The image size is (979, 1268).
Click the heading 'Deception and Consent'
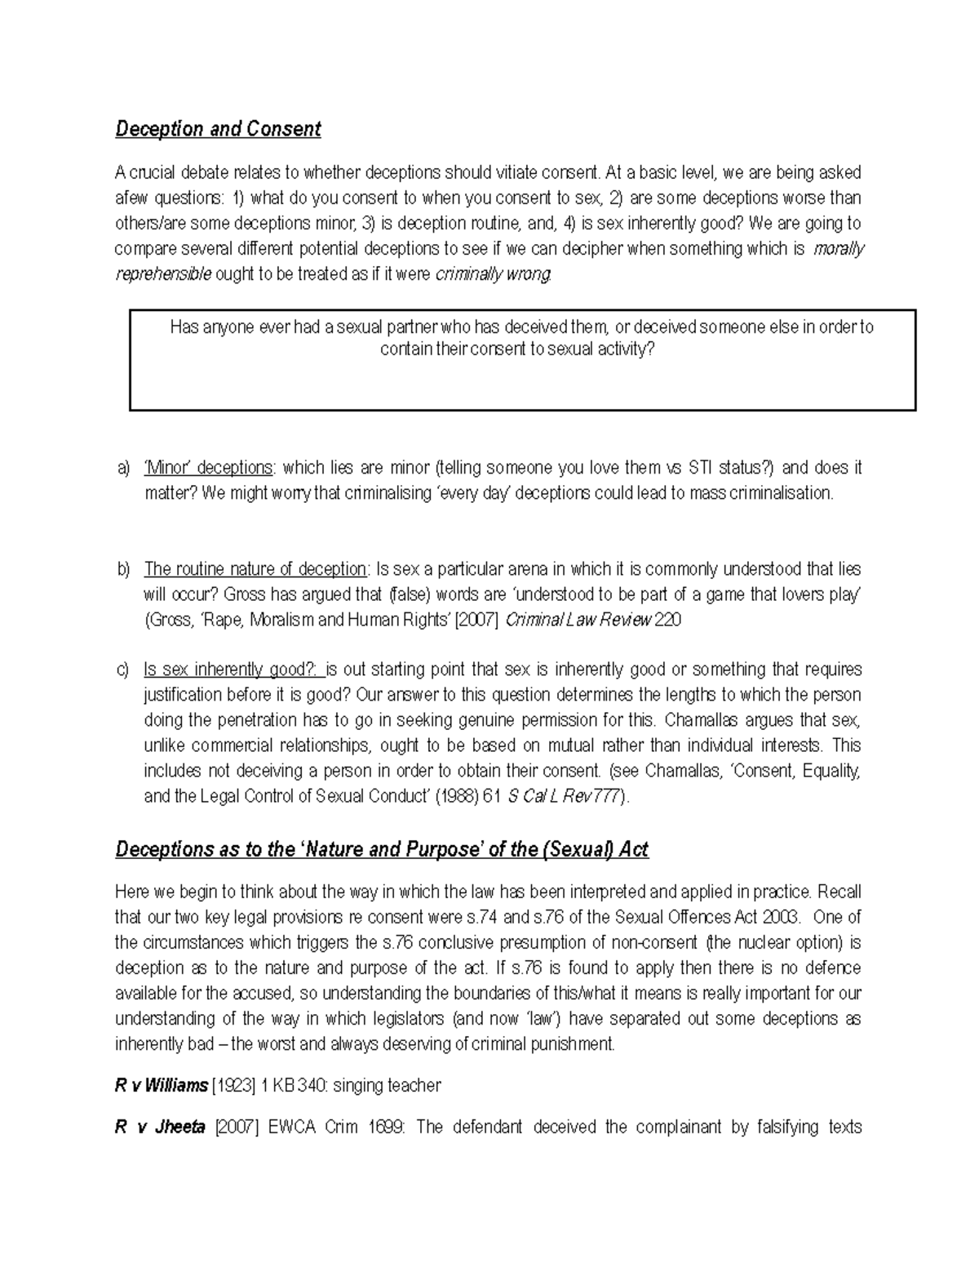click(218, 129)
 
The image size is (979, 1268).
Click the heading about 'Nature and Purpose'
click(381, 850)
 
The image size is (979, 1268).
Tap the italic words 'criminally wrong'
click(494, 274)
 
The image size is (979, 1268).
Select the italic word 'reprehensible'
click(163, 274)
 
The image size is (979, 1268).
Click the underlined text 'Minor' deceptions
click(208, 468)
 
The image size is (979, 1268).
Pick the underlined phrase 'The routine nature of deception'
click(255, 569)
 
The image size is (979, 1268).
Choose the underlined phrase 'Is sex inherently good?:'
click(233, 670)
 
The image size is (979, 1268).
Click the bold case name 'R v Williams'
click(161, 1086)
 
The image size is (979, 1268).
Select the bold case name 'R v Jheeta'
click(160, 1128)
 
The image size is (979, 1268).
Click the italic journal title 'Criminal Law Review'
click(579, 620)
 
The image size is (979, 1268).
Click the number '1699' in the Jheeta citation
click(388, 1128)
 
